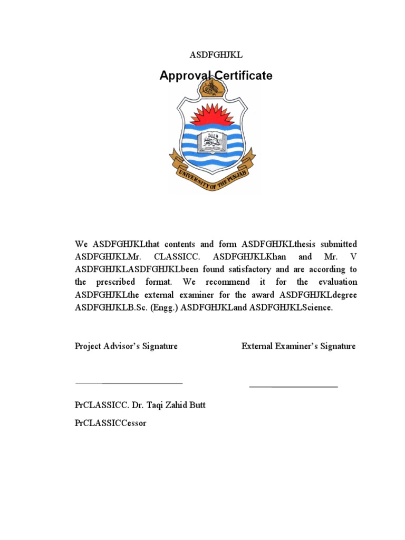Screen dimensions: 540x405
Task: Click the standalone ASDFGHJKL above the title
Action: click(x=216, y=55)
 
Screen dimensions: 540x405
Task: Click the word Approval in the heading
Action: click(x=184, y=76)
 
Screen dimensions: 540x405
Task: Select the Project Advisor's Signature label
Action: click(x=126, y=346)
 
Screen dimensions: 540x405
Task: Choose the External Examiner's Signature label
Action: click(x=298, y=346)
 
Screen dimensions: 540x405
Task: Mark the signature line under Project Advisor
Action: click(x=129, y=383)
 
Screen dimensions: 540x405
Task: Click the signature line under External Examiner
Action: click(x=293, y=387)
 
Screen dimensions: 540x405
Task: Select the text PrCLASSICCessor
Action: click(x=111, y=423)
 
